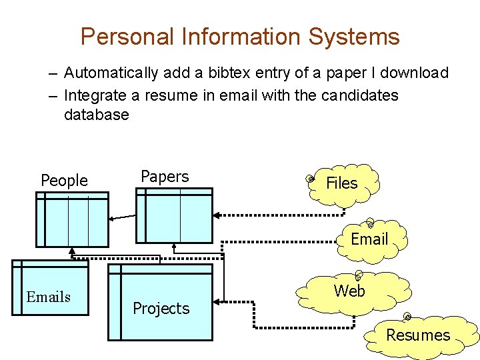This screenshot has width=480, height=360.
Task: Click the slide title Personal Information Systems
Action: pos(240,36)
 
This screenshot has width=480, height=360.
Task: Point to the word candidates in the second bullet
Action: pos(359,95)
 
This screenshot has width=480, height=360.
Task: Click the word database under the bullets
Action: pos(96,115)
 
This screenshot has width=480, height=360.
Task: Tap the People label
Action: pos(64,180)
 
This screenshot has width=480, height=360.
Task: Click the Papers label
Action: pos(165,177)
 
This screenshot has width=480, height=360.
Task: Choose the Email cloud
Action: pos(369,239)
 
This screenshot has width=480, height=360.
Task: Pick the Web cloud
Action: pos(349,291)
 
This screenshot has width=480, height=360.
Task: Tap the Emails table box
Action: pos(50,288)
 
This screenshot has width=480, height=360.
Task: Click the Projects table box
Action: pos(160,301)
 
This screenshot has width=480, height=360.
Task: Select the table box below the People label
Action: pos(71,220)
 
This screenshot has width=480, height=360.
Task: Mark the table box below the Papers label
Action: pos(174,215)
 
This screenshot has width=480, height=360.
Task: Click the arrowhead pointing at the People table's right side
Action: pos(112,217)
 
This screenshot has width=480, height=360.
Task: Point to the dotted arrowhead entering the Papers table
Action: pos(217,215)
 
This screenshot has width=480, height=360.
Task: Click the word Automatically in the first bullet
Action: pos(111,73)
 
